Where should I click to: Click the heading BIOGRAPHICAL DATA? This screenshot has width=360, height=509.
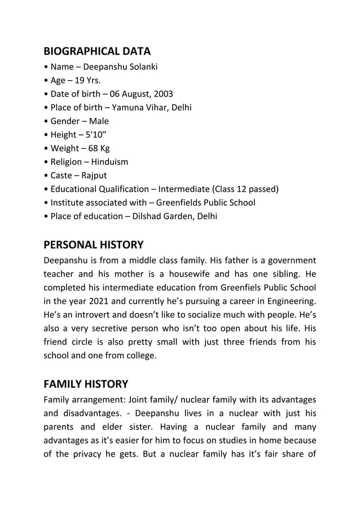[x=97, y=51]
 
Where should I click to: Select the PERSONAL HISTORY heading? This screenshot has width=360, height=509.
[x=93, y=245]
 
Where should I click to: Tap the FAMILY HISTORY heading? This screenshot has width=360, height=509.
[x=85, y=384]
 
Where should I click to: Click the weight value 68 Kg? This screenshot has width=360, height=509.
[x=98, y=148]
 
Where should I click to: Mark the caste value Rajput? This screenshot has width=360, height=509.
[x=93, y=175]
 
